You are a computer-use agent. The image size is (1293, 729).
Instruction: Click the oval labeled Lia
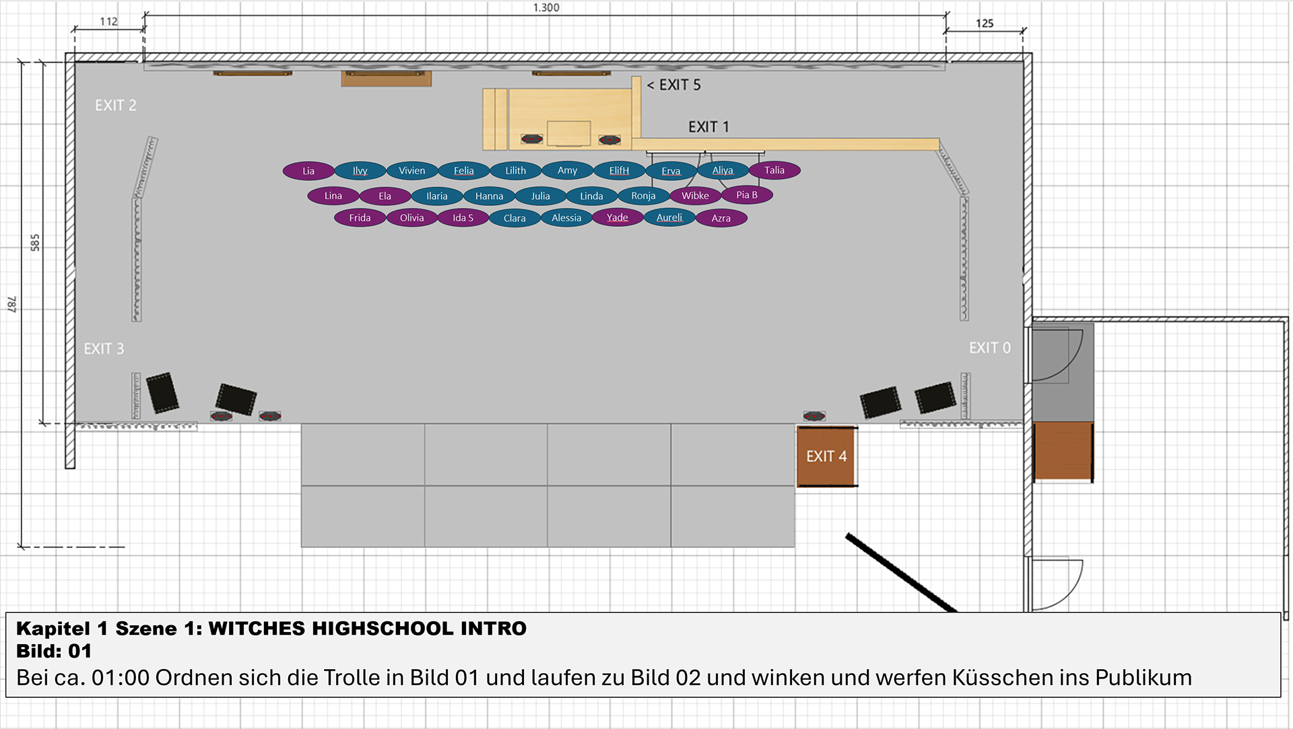[308, 171]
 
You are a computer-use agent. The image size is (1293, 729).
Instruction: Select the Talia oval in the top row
[774, 170]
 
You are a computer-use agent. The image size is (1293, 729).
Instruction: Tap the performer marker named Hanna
[489, 196]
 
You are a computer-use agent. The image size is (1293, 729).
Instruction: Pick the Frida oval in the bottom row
[360, 217]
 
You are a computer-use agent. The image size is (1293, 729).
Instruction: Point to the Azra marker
[721, 218]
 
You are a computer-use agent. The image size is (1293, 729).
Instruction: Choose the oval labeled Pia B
[747, 195]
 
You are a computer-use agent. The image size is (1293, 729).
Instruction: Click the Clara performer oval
[515, 218]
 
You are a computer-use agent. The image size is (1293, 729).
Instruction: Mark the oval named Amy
[568, 170]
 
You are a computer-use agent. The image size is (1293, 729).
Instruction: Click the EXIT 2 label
[116, 106]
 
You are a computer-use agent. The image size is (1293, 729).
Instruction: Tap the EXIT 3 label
[104, 349]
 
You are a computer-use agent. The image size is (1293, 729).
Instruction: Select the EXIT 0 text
[989, 348]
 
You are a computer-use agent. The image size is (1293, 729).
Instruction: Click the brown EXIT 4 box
[826, 456]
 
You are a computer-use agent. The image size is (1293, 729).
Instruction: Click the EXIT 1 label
[708, 127]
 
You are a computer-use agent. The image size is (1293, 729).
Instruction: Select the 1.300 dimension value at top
[546, 7]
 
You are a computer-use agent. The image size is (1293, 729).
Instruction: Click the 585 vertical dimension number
[35, 243]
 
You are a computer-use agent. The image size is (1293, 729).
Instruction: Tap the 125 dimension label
[985, 24]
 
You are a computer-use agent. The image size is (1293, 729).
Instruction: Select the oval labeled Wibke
[695, 196]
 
